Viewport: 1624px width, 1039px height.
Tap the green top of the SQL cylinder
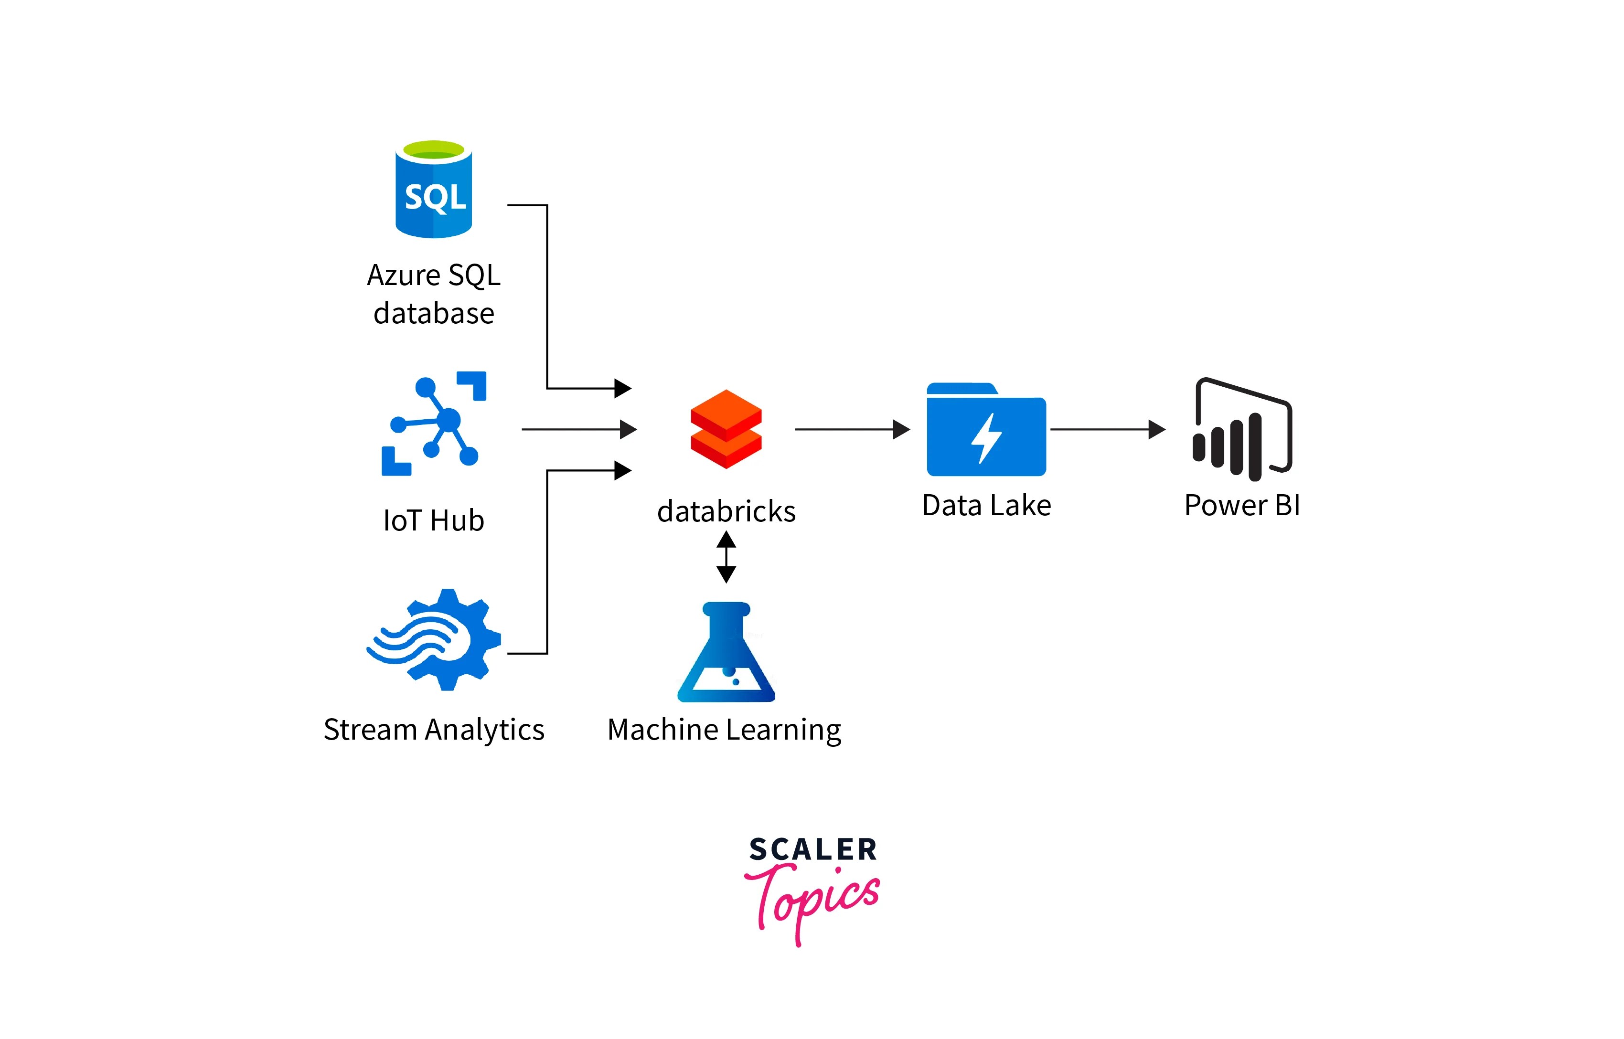pos(433,149)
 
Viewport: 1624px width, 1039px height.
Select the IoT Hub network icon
pos(434,424)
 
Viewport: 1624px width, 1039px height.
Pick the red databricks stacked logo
pos(726,429)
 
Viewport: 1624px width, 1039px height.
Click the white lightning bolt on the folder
pos(986,438)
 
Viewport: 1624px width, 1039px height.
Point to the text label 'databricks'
pos(726,511)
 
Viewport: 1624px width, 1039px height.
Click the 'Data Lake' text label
pos(986,505)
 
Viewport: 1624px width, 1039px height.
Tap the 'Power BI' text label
pos(1241,505)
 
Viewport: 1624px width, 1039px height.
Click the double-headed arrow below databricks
pos(726,557)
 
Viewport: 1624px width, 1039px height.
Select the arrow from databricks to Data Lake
pos(852,429)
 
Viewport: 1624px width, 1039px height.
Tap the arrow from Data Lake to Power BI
pos(1107,429)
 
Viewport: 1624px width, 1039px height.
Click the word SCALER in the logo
pos(812,849)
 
